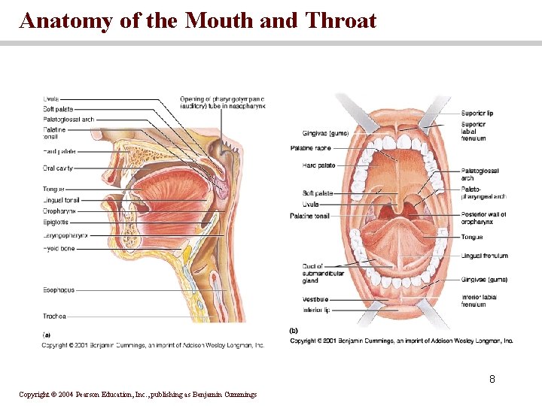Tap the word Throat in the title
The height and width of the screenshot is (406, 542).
click(340, 20)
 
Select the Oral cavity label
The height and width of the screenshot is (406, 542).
click(58, 168)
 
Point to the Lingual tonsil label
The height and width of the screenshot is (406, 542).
click(61, 201)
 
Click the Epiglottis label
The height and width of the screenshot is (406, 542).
click(56, 223)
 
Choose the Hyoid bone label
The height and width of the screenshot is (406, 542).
click(59, 249)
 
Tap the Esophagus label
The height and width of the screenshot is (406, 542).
click(59, 290)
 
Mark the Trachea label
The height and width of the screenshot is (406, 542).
click(54, 317)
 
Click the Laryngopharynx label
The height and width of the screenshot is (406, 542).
click(65, 235)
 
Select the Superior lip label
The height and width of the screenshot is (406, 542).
click(477, 114)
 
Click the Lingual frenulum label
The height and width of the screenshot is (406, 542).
click(484, 256)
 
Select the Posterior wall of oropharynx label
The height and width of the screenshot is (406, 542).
click(483, 217)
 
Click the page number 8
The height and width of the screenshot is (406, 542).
click(492, 379)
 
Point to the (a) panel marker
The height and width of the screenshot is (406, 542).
click(47, 335)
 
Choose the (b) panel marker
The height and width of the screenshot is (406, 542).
click(294, 330)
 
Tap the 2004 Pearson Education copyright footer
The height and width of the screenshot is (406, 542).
click(138, 395)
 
